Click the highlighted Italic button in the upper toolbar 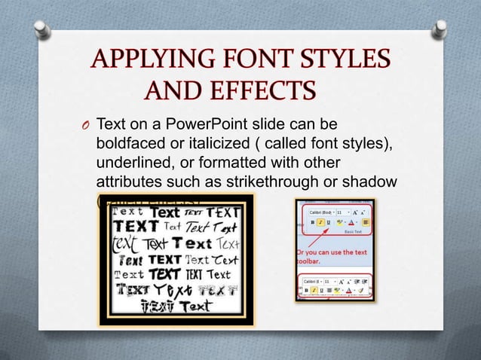(x=320, y=222)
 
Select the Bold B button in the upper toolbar (x=312, y=222)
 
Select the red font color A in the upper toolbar (x=351, y=223)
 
